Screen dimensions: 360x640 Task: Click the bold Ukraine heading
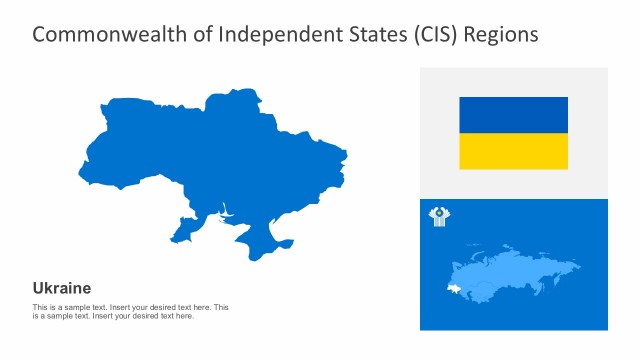(x=62, y=288)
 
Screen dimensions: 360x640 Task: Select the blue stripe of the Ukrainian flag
(x=513, y=115)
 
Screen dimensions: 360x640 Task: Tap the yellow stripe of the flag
(x=513, y=151)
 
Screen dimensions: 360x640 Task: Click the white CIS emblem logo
(x=439, y=216)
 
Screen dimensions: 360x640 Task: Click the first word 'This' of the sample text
(x=40, y=307)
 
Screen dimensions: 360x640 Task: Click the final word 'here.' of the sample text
(x=184, y=316)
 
